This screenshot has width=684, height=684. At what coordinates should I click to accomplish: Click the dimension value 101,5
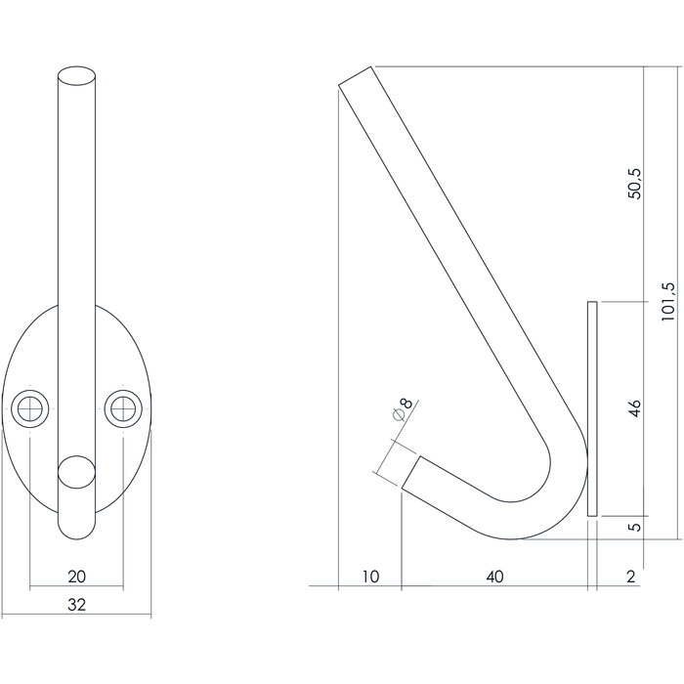coord(666,304)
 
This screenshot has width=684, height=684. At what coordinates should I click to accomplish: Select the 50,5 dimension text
coord(634,183)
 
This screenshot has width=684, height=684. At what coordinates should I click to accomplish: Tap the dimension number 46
coord(634,407)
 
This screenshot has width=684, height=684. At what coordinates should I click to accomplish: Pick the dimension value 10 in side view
coord(369,577)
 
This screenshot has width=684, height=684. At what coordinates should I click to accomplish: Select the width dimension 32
coord(77,605)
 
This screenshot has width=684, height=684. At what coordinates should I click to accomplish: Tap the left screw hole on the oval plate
coord(31,406)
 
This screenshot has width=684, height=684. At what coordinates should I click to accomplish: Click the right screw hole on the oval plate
coord(123,406)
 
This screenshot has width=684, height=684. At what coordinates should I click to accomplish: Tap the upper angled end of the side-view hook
coord(356,77)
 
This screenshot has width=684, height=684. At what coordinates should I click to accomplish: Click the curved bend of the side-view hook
coord(552,498)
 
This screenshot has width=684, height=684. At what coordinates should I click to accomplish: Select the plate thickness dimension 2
coord(630,577)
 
